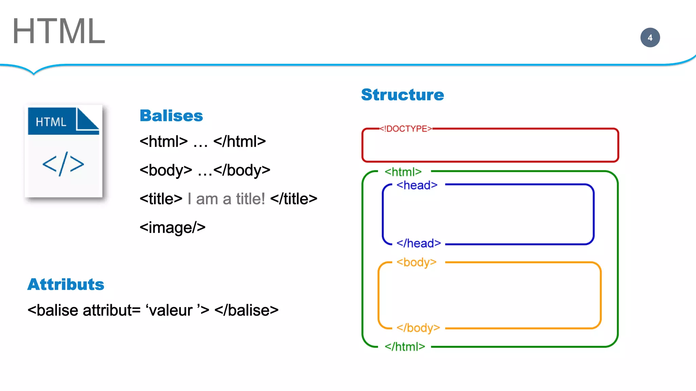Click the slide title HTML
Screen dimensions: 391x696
click(58, 31)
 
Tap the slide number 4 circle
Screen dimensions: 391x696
click(650, 38)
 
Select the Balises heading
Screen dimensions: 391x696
click(171, 116)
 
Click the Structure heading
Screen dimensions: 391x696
click(402, 95)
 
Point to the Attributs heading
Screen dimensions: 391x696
click(66, 284)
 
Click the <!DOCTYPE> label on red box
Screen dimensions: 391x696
click(405, 129)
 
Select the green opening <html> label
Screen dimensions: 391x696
click(403, 172)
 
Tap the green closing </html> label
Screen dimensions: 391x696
click(405, 347)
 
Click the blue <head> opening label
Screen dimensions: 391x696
click(417, 185)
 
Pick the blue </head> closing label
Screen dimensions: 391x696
click(419, 243)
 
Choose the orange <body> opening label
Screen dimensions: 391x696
click(416, 262)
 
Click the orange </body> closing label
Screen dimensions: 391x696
click(418, 328)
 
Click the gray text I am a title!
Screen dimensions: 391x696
click(226, 199)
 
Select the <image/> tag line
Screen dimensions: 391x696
click(172, 227)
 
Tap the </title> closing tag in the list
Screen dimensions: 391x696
click(294, 199)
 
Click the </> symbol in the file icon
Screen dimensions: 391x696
click(63, 164)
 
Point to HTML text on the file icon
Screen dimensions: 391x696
click(51, 122)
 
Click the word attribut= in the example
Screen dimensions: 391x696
click(111, 310)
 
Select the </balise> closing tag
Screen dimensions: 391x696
click(246, 310)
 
